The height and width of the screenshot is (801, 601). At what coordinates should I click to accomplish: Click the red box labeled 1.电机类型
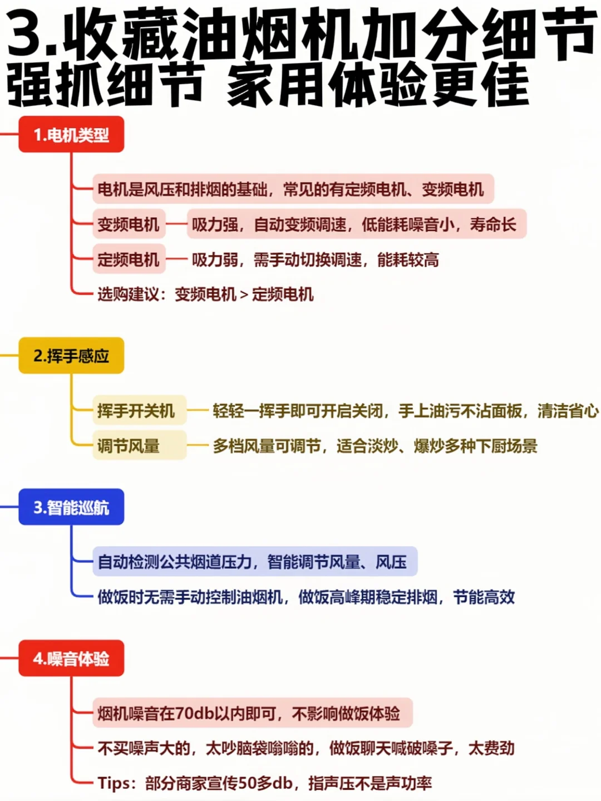[x=71, y=135]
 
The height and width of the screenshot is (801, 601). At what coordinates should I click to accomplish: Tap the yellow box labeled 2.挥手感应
[x=71, y=356]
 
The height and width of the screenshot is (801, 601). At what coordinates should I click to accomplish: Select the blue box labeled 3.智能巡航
[x=71, y=507]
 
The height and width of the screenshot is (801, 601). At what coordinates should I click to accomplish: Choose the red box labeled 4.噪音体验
[x=71, y=659]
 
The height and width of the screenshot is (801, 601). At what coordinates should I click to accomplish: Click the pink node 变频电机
[x=129, y=224]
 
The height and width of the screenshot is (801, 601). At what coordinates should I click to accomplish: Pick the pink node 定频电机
[x=129, y=259]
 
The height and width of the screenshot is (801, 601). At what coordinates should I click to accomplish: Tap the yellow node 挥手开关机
[x=136, y=411]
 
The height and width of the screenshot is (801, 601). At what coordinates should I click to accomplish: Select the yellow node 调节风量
[x=129, y=446]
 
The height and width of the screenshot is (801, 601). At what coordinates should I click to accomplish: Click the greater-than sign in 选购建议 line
[x=244, y=294]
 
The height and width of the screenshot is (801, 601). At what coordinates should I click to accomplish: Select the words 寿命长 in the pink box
[x=492, y=224]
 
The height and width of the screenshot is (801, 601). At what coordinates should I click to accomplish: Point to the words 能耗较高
[x=408, y=259]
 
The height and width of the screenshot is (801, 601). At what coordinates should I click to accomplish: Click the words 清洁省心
[x=568, y=411]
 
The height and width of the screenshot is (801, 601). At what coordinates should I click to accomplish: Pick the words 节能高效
[x=484, y=597]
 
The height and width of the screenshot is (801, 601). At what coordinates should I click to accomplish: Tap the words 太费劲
[x=491, y=748]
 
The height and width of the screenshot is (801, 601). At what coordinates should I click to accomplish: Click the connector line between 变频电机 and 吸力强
[x=176, y=224]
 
